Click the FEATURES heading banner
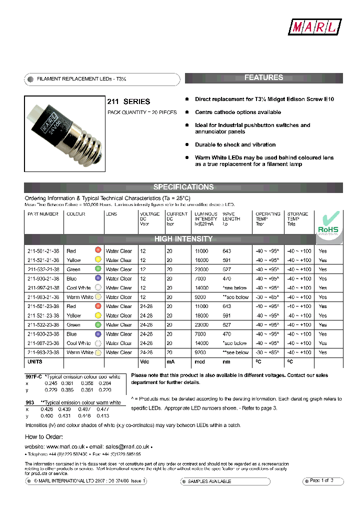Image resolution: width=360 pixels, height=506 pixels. point(263,78)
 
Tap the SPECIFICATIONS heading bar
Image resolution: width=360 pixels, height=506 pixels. point(183,187)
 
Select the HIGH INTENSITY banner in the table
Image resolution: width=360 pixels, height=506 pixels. point(183,239)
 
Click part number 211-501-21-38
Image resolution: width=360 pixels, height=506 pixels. point(43,251)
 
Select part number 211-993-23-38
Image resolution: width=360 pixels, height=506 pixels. point(43,352)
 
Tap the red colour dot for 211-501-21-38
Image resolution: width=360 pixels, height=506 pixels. point(98,250)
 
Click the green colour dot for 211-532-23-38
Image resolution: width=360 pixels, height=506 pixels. point(98,324)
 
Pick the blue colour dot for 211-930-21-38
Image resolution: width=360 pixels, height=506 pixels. point(98,278)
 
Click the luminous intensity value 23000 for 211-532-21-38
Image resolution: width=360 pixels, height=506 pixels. point(202,269)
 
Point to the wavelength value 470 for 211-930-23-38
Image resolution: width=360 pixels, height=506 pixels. point(227,334)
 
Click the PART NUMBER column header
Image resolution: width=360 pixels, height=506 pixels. point(43,214)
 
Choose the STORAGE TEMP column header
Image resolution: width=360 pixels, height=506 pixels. point(297,218)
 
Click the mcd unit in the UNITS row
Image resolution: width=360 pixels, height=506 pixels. point(199,362)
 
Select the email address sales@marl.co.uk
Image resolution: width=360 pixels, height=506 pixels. point(124,446)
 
